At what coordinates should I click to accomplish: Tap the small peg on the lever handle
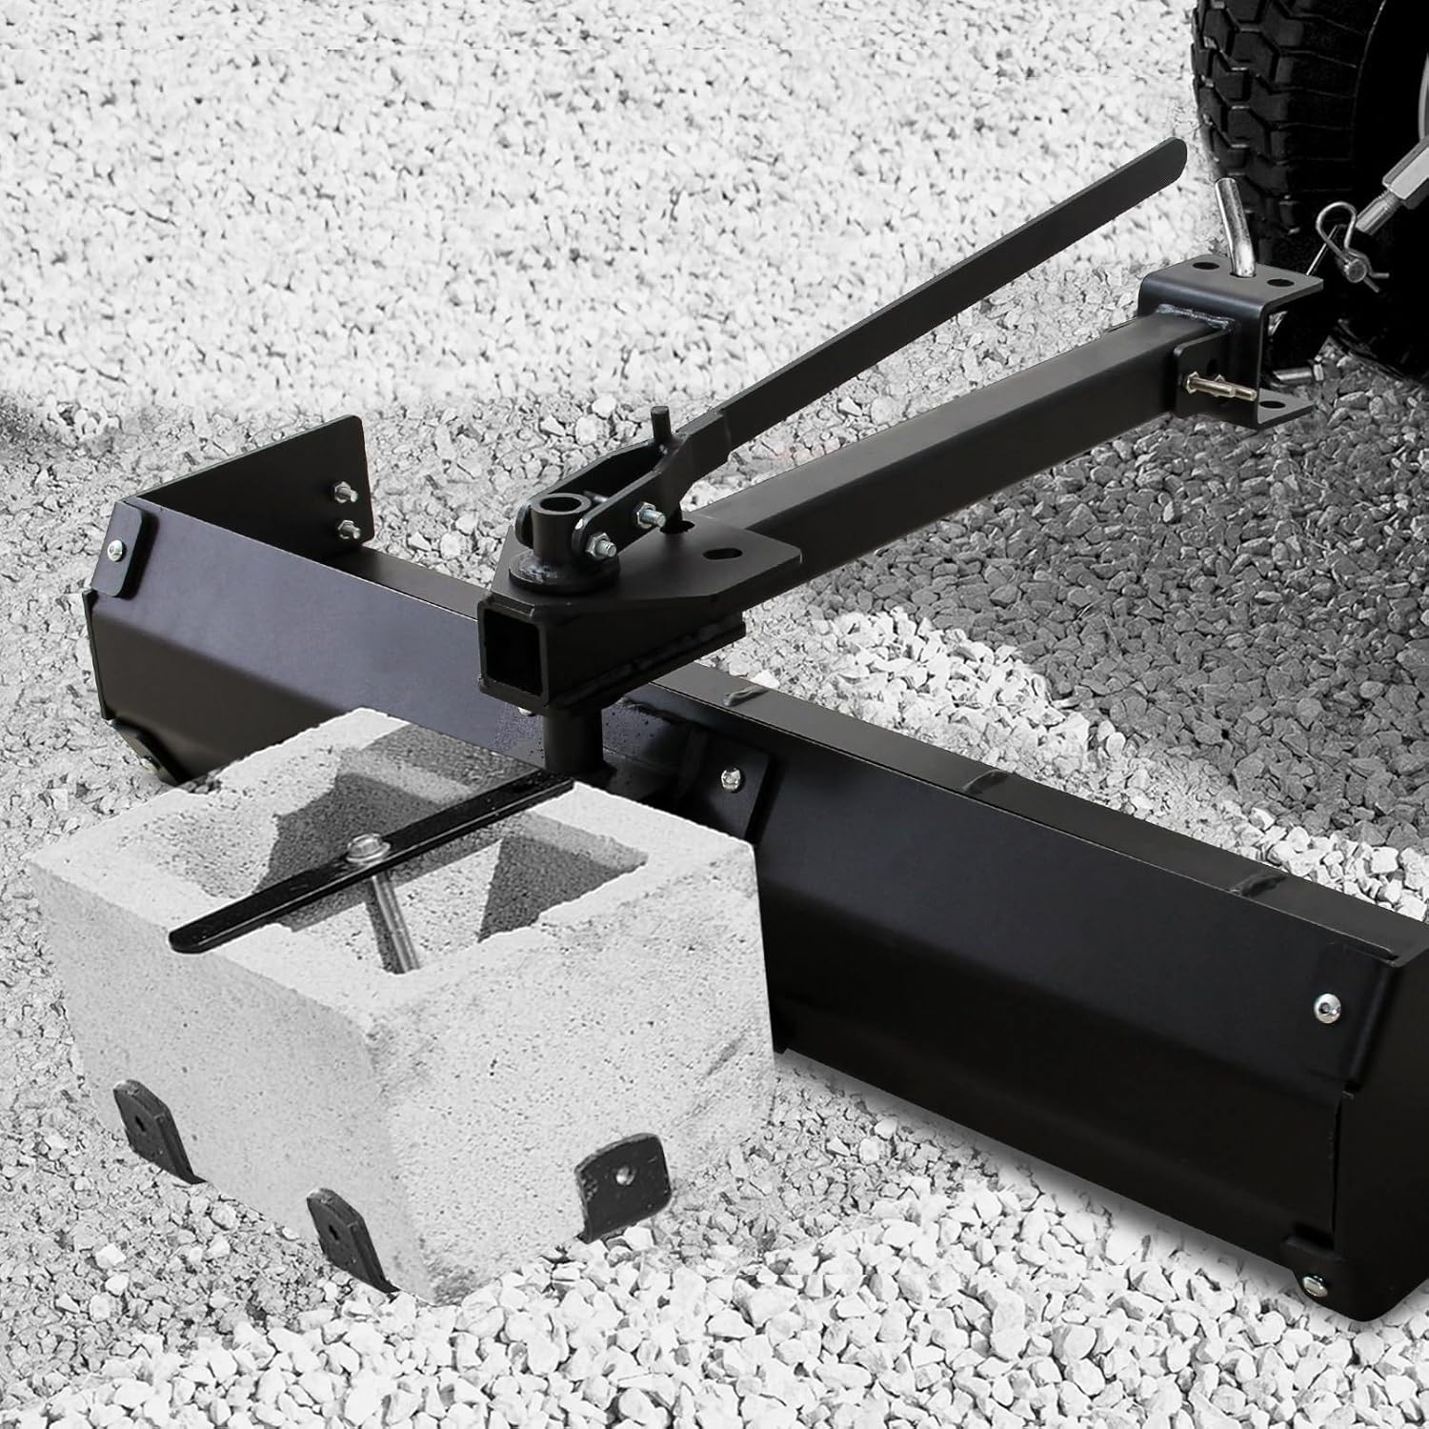click(658, 419)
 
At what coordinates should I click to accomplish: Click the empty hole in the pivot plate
click(714, 552)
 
